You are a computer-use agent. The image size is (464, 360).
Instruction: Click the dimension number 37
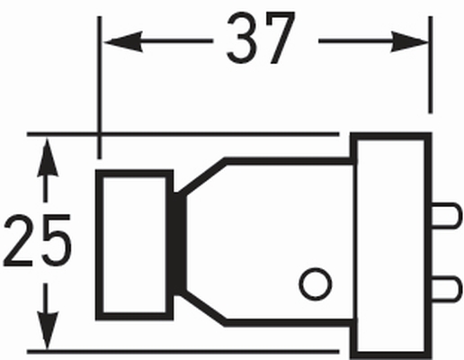pos(261,38)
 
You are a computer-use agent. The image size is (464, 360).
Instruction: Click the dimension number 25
pos(38,240)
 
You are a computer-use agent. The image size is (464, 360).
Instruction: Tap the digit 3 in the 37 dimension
pos(243,38)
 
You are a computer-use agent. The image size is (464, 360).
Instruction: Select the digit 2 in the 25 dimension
pos(18,240)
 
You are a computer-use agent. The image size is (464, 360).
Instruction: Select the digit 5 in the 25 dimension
pos(57,240)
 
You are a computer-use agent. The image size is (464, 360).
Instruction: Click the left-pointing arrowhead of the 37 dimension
pos(123,41)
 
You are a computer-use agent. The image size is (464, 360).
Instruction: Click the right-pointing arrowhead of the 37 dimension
pos(409,41)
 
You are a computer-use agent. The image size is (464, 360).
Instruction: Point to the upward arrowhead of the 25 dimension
pos(47,157)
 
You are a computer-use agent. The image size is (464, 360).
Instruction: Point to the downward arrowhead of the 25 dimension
pos(48,330)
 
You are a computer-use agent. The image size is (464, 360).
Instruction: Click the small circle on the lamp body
pos(316,283)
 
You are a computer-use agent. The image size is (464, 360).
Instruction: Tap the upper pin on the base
pos(445,216)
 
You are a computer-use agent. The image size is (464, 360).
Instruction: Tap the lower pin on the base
pos(445,289)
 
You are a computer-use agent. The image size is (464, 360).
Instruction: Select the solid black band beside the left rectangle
pos(179,244)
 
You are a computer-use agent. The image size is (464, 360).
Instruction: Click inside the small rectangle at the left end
pos(134,245)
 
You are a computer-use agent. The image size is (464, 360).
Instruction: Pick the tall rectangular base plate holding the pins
pos(391,246)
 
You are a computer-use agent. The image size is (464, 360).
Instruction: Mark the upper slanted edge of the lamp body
pos(203,176)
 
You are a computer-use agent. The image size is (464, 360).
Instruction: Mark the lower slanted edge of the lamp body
pos(203,309)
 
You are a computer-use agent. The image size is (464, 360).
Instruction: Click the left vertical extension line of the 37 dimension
pos(100,87)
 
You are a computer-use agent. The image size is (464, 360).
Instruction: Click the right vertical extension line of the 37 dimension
pos(431,65)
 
